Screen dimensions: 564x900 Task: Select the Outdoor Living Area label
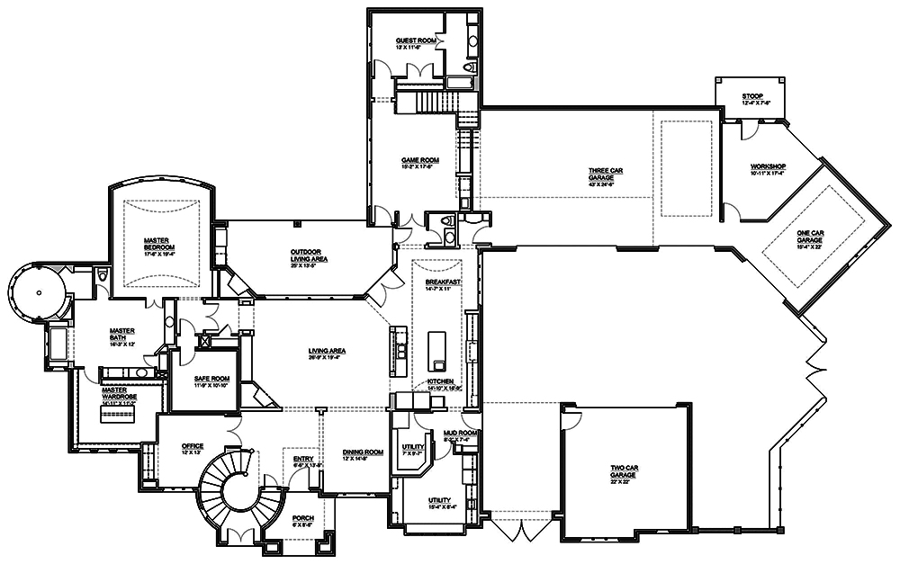[x=308, y=255]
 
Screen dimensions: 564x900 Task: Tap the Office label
[x=192, y=447]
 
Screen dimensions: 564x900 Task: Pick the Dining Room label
[x=363, y=453]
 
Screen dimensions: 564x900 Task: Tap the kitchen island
[x=437, y=350]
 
